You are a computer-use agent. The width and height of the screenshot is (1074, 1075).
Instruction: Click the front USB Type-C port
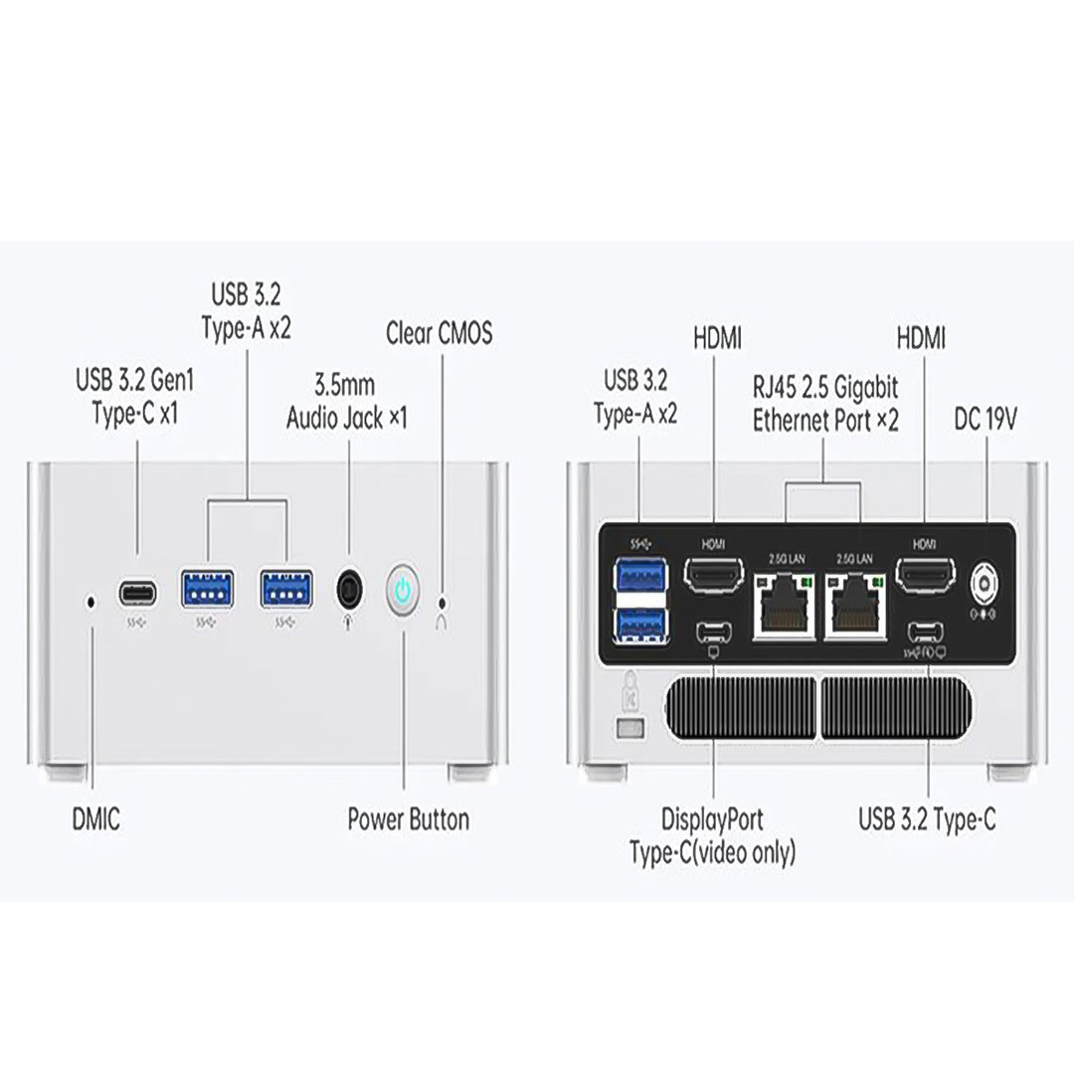click(x=137, y=594)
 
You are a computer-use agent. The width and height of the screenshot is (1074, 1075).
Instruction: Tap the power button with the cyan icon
click(x=403, y=591)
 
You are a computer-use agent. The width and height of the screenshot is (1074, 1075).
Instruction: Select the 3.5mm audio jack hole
click(x=349, y=590)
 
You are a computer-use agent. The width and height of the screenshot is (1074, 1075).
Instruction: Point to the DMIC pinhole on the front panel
click(x=91, y=602)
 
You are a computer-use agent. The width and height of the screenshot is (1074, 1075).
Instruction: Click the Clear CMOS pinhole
click(x=443, y=602)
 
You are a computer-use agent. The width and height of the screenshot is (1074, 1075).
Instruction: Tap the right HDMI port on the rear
click(x=926, y=576)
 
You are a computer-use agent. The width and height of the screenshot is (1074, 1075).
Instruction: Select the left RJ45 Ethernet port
click(x=785, y=608)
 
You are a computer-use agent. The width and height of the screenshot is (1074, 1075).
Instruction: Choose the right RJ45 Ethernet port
click(x=855, y=608)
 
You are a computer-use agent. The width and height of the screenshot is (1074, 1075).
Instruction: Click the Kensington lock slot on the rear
click(x=626, y=730)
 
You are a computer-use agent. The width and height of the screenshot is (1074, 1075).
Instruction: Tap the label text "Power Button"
click(x=408, y=820)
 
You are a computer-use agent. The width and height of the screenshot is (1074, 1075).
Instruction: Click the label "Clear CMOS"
click(x=439, y=333)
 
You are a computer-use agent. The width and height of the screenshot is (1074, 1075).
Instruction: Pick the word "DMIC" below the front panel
click(x=96, y=820)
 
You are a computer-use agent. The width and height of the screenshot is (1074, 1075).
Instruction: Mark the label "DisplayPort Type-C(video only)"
click(x=713, y=836)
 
